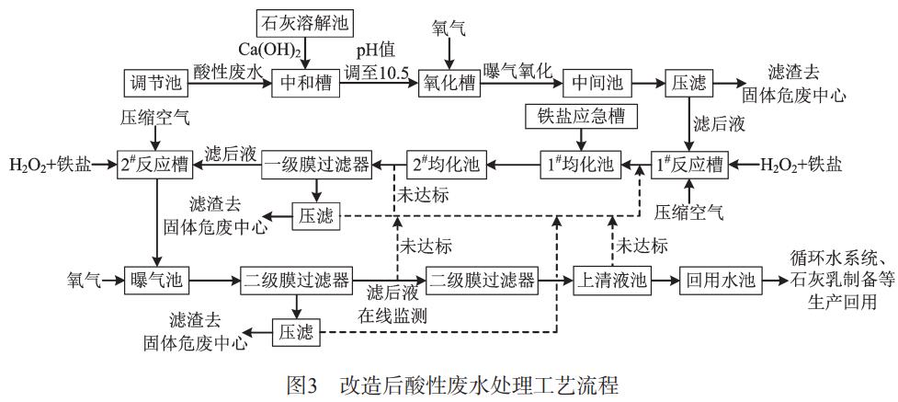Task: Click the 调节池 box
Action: (x=152, y=83)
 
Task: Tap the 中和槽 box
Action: (x=306, y=83)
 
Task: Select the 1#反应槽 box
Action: (x=688, y=165)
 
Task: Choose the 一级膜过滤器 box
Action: (x=316, y=165)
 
